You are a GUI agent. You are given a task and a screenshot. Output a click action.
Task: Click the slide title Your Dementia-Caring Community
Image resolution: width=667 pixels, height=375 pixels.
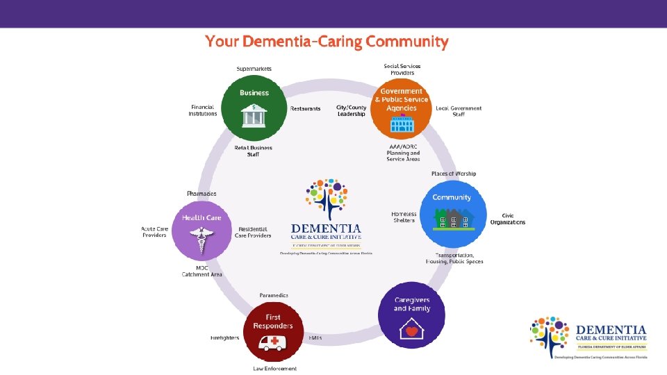[327, 42]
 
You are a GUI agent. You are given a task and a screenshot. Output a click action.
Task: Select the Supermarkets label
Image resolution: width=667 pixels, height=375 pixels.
[254, 69]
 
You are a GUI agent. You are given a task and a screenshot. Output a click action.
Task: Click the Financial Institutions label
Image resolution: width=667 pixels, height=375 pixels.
[203, 110]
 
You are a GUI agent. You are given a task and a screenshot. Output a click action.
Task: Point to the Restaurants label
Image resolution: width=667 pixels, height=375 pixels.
[306, 109]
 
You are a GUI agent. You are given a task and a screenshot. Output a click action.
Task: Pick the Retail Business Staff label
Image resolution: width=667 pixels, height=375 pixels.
[253, 151]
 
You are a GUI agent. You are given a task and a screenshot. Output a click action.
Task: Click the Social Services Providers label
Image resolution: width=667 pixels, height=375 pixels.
[402, 69]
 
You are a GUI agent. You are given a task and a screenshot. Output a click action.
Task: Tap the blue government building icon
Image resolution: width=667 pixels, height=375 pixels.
[402, 124]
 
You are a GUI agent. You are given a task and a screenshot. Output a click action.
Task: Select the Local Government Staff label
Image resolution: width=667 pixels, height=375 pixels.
[459, 111]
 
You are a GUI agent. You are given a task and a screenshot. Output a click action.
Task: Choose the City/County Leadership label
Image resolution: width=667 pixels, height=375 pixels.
[351, 111]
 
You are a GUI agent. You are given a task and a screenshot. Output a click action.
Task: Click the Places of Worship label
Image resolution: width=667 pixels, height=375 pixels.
[454, 174]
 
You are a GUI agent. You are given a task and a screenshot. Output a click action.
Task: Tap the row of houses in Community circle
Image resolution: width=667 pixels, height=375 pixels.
[454, 219]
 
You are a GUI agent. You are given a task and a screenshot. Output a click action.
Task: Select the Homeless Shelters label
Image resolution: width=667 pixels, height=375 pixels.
[404, 217]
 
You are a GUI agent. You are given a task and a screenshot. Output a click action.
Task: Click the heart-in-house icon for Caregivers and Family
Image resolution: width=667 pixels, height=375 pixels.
[411, 331]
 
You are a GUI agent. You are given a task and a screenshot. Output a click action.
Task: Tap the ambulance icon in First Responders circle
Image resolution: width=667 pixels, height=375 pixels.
[273, 342]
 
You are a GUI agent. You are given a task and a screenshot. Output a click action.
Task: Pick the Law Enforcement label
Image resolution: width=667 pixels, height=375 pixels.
[274, 368]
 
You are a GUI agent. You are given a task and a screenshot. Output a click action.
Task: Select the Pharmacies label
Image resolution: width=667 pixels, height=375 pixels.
[201, 193]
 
